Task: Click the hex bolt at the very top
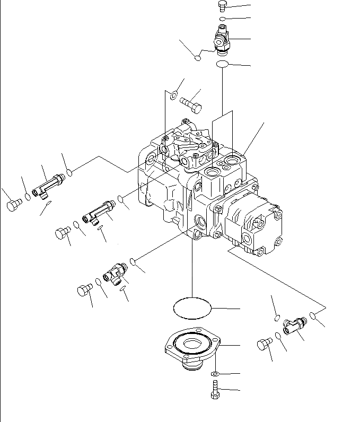click(x=222, y=6)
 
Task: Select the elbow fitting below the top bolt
click(x=222, y=41)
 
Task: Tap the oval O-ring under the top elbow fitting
click(x=222, y=64)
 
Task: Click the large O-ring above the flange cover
click(x=192, y=307)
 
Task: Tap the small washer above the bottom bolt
click(x=215, y=375)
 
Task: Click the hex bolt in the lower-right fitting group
click(x=264, y=345)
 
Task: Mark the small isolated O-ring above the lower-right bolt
click(x=277, y=318)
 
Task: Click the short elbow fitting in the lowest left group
click(x=115, y=271)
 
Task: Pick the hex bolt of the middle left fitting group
click(x=62, y=233)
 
